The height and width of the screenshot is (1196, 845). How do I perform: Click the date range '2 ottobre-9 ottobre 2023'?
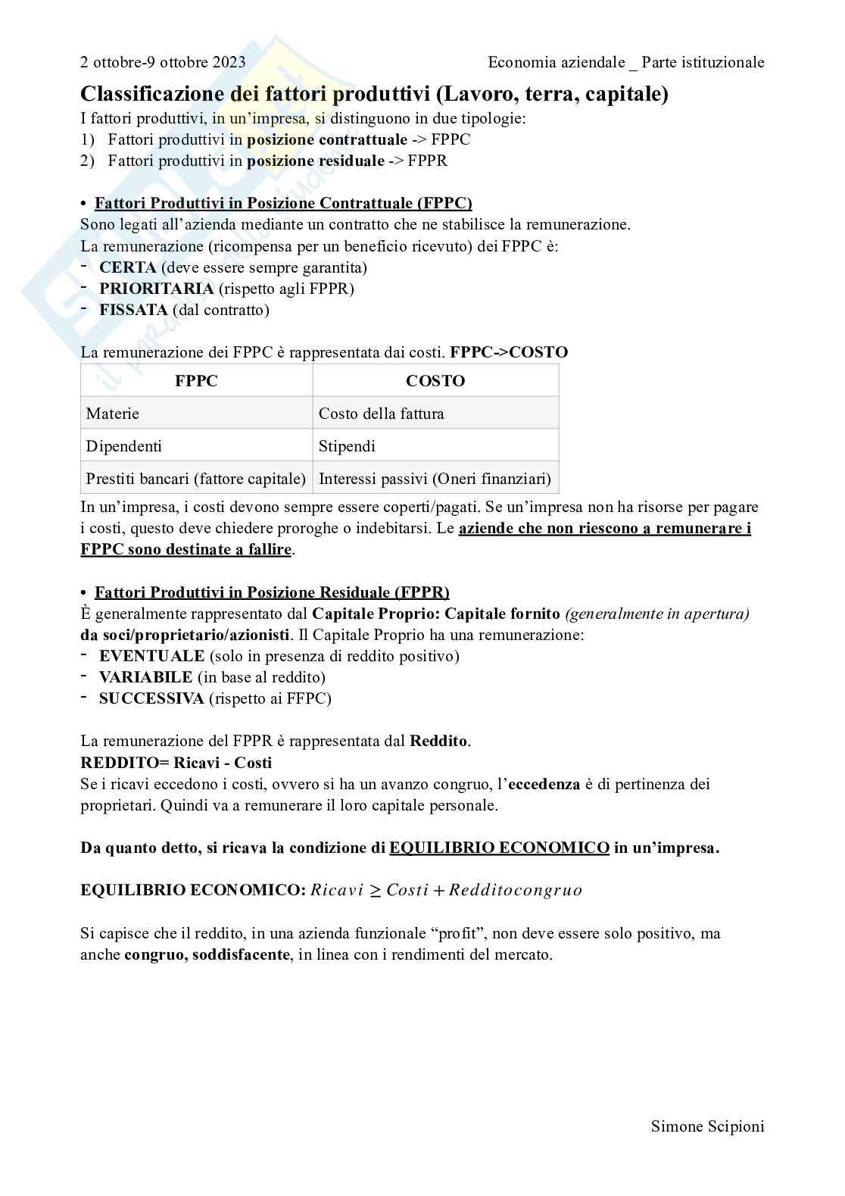163,62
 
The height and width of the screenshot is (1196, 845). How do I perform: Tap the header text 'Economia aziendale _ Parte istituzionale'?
625,62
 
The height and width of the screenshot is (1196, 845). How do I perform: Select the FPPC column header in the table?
196,381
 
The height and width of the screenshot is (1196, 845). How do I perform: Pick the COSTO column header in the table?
435,381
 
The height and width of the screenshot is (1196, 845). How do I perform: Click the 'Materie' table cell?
113,414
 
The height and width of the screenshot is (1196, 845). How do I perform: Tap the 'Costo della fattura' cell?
381,414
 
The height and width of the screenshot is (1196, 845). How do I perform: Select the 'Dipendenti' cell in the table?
124,446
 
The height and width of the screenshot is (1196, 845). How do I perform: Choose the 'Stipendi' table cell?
347,446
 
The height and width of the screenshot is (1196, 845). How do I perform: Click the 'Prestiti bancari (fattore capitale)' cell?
196,479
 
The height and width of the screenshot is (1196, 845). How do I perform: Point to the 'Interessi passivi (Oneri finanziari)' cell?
435,479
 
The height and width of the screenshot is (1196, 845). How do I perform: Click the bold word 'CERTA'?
127,267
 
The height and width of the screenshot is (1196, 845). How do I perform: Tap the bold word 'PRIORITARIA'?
156,289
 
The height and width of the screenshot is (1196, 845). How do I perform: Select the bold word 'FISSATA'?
133,310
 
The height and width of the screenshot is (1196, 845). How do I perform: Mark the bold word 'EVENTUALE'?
151,656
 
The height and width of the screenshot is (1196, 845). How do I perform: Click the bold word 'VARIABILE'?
145,677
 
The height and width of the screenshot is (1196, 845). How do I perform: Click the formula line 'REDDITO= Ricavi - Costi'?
176,762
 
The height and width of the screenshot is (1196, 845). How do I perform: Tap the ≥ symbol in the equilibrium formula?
375,890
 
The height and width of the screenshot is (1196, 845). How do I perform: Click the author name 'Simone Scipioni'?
707,1126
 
